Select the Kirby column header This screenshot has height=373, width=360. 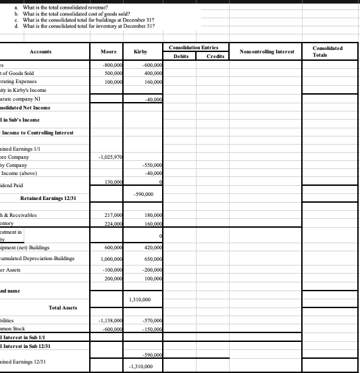141,51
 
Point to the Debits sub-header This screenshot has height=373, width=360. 181,56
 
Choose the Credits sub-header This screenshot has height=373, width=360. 213,56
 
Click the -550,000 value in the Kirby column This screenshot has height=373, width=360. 145,166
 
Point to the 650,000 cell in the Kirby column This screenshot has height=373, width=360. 146,258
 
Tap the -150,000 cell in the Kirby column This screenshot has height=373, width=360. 145,329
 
